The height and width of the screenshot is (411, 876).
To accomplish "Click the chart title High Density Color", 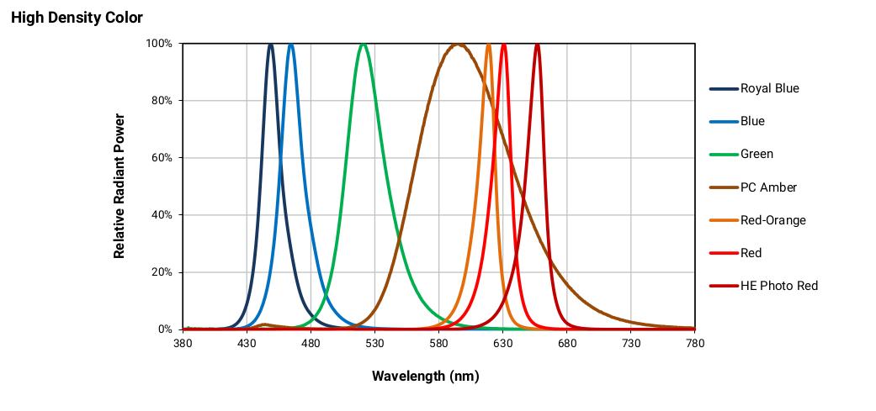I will coord(77,18).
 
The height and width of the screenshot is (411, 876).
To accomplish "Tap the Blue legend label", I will coord(752,121).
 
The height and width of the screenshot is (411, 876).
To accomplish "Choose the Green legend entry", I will coord(757,154).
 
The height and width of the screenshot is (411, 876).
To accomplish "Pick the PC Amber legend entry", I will coord(768,187).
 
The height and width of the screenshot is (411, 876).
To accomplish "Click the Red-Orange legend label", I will coord(772,220).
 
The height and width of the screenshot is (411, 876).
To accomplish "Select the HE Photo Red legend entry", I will coord(778,286).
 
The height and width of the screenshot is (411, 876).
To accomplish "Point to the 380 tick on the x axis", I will coord(183,344).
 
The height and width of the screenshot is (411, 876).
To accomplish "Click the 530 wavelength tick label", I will coord(374,344).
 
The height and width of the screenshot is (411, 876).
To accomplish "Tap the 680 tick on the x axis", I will coord(567,344).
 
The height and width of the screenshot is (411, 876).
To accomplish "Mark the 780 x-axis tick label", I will coord(695,344).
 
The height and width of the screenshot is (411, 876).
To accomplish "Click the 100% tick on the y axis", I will coord(159,44).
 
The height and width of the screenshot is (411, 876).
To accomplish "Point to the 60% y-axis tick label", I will coord(162,158).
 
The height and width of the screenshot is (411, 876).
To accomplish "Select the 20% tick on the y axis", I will coord(162,272).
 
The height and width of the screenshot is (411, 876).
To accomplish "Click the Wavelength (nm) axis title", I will coord(425,376).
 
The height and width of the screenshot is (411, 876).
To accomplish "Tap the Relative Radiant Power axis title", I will coord(119,187).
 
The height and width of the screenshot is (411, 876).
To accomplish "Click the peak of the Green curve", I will coord(363,45).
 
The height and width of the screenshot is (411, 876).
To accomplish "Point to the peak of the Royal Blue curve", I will coord(270,45).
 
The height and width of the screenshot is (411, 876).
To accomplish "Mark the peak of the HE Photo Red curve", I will coord(538,45).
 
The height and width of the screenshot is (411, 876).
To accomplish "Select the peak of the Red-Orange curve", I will coord(489,45).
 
